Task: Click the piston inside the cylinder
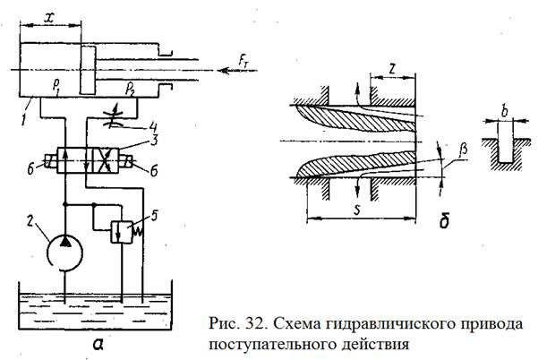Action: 86,68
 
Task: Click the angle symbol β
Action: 463,153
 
